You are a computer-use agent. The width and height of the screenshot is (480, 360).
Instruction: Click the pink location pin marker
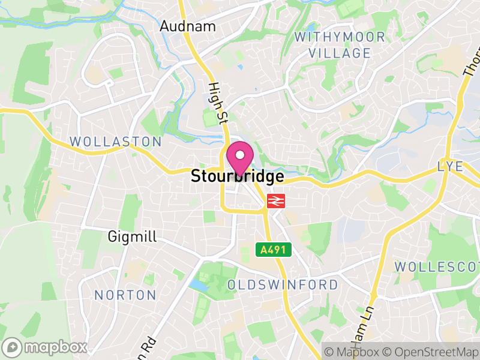240,159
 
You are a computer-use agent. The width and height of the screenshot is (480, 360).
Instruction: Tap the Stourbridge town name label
237,177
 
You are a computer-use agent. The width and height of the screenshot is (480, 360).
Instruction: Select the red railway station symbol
275,201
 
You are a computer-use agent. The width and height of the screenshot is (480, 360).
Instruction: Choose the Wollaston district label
116,142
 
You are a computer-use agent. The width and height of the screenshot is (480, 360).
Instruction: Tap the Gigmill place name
132,237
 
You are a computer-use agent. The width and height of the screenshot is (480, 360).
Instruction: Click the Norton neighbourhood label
125,295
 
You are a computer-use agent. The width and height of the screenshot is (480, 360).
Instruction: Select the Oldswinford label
283,284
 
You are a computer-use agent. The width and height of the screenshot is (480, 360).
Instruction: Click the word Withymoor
340,37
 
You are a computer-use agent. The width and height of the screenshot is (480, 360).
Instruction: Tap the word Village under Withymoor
340,53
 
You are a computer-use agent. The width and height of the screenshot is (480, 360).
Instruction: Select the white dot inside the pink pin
240,155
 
